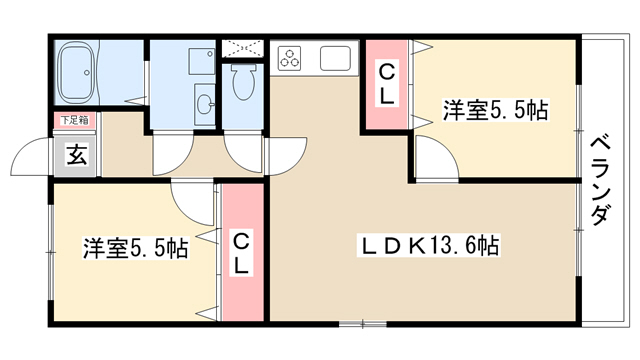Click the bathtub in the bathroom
pos(77,72)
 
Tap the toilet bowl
pos(244,81)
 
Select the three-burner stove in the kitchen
pos(289,58)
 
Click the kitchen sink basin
pos(335,58)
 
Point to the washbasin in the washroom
pos(204,105)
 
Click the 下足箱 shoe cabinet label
pos(75,120)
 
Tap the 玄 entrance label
pos(77,156)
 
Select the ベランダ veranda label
pos(602,181)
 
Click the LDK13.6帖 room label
pos(429,246)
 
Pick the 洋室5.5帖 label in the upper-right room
pos(496,109)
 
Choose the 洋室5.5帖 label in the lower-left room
pos(136,248)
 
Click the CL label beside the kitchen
pos(387,85)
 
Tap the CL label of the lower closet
pos(241,254)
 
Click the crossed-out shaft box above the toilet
pos(242,49)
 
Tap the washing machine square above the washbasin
pos(202,61)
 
